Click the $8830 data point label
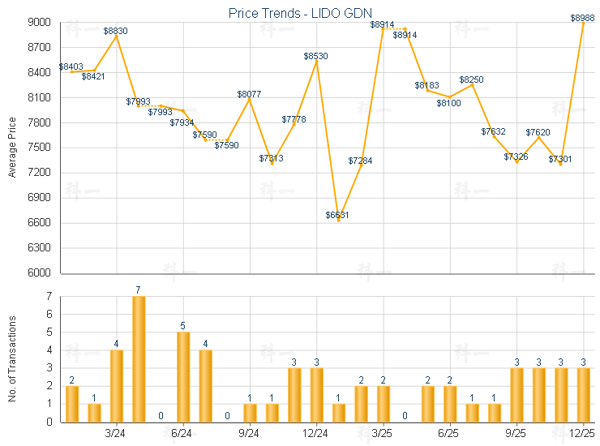116,31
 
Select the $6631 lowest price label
338,215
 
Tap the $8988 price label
583,18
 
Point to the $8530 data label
316,56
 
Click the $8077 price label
250,94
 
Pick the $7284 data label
361,161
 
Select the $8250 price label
472,79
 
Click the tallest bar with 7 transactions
139,358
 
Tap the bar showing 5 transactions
183,376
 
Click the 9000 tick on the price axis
41,23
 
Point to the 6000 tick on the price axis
41,273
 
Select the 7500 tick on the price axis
41,148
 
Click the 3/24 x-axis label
116,435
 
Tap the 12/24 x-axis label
316,435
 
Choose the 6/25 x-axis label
450,435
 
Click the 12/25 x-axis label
584,435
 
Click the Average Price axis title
12,148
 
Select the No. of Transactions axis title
12,359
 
